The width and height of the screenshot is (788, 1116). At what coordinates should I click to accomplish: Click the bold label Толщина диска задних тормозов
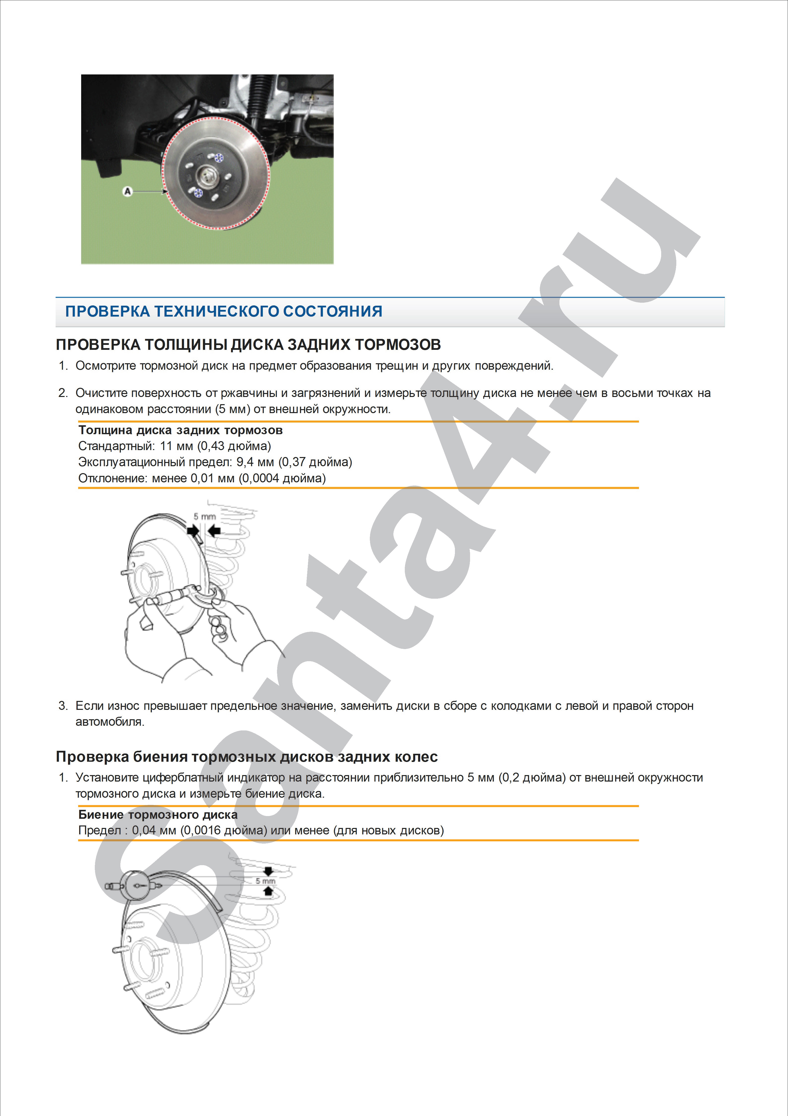click(x=180, y=430)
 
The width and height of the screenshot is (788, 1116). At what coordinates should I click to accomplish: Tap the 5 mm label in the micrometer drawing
click(x=205, y=516)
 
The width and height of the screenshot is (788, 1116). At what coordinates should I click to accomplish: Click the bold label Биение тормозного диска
click(x=158, y=815)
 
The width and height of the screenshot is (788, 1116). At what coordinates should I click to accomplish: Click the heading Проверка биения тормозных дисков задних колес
click(x=246, y=757)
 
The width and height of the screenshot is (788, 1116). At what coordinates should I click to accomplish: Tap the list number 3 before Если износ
click(x=63, y=706)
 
